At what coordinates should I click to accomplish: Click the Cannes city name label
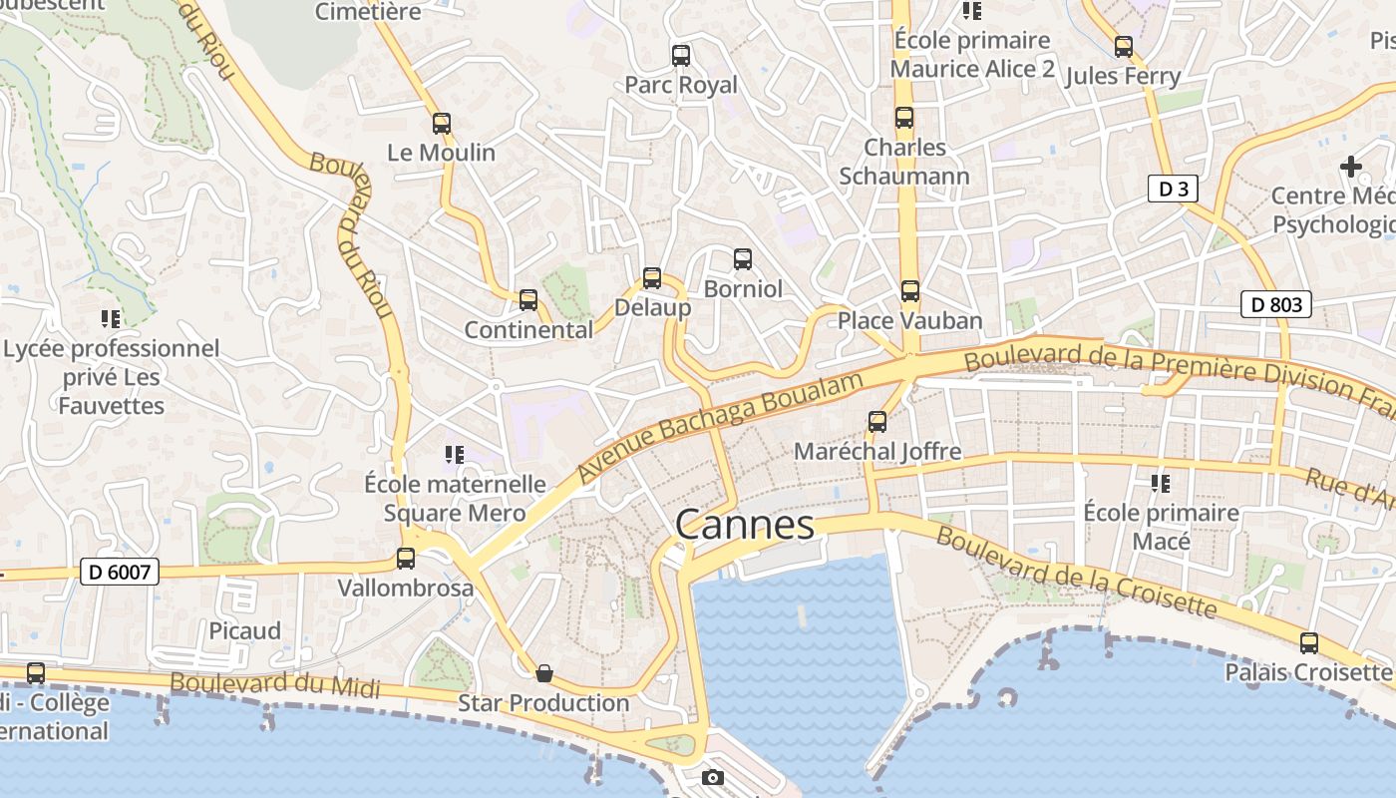tap(744, 524)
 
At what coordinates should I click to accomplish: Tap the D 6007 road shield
tap(120, 572)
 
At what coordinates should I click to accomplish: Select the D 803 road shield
tap(1275, 304)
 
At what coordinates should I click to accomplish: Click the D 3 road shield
tap(1172, 189)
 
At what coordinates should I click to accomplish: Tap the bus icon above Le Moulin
tap(441, 124)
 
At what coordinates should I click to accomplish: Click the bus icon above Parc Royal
tap(681, 56)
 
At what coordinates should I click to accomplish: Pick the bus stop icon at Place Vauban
tap(909, 291)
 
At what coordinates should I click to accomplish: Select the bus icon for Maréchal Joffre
tap(877, 422)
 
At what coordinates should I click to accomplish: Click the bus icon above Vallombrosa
tap(405, 559)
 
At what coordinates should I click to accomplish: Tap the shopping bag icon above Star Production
tap(543, 673)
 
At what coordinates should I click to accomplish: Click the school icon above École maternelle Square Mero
tap(455, 455)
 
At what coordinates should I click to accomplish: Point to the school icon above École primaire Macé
tap(1161, 484)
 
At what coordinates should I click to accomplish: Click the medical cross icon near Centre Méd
tap(1351, 166)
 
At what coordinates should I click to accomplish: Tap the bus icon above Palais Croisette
tap(1308, 643)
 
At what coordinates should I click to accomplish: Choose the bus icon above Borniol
tap(743, 259)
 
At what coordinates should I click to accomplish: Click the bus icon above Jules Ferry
tap(1124, 47)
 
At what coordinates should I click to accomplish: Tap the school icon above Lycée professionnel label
tap(111, 319)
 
